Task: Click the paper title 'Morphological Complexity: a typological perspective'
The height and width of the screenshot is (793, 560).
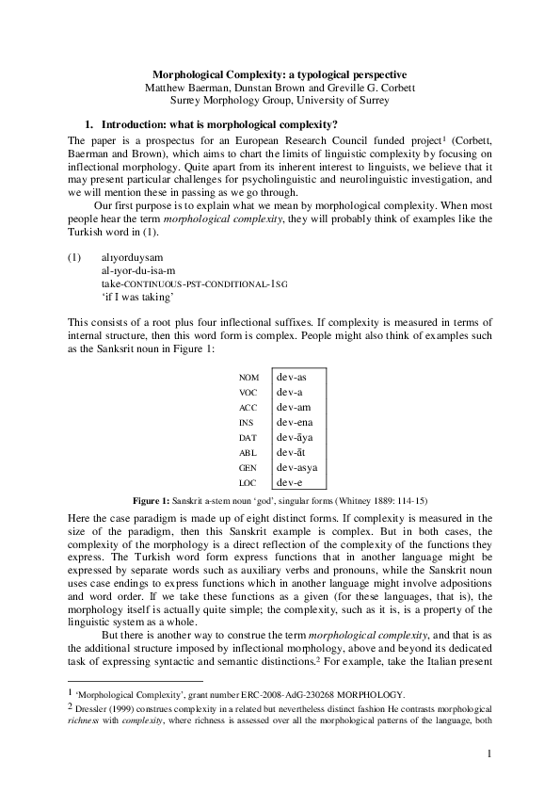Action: (280, 73)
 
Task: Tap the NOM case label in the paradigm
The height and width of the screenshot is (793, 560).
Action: (249, 378)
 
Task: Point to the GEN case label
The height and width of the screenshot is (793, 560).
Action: (248, 467)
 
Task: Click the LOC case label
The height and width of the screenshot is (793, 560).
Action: (248, 482)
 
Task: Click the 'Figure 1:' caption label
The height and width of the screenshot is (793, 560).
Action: (151, 499)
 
